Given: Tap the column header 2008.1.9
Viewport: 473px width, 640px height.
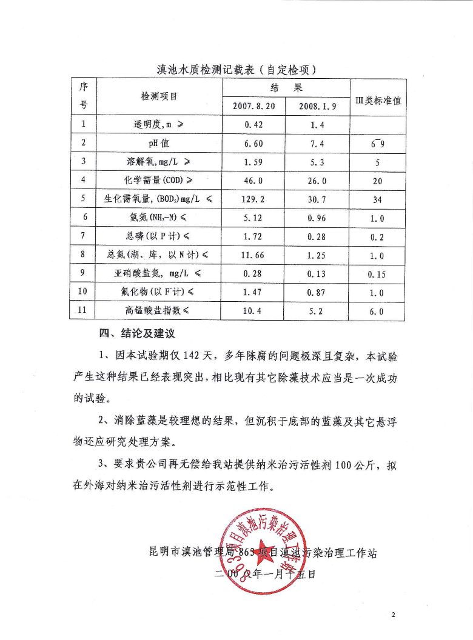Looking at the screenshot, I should [318, 105].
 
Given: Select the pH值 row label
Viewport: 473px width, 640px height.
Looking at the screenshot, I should [159, 144].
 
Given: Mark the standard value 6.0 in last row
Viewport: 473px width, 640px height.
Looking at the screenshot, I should [377, 312].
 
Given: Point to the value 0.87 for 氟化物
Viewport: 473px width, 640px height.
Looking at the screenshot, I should [317, 293].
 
